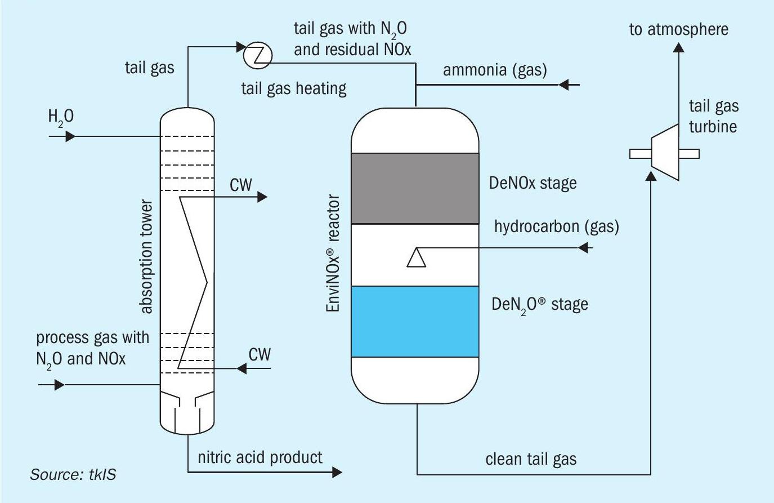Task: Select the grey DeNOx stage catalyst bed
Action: point(415,188)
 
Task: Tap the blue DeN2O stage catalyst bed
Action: point(415,322)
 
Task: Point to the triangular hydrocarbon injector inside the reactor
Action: point(417,258)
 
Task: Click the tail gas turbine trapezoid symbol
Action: point(665,152)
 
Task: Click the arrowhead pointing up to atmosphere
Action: point(679,47)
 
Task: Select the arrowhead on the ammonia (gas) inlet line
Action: point(563,84)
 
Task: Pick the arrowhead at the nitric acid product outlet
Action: point(337,472)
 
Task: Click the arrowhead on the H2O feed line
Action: point(70,136)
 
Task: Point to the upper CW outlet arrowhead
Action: point(262,197)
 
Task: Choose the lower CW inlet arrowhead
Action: point(241,368)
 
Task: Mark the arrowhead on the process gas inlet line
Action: point(60,384)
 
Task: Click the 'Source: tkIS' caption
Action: point(73,474)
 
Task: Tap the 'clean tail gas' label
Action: point(531,460)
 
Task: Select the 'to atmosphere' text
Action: point(679,29)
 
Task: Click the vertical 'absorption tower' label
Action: point(146,256)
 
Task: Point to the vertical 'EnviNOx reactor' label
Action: point(333,253)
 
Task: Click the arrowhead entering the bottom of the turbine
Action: point(651,176)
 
